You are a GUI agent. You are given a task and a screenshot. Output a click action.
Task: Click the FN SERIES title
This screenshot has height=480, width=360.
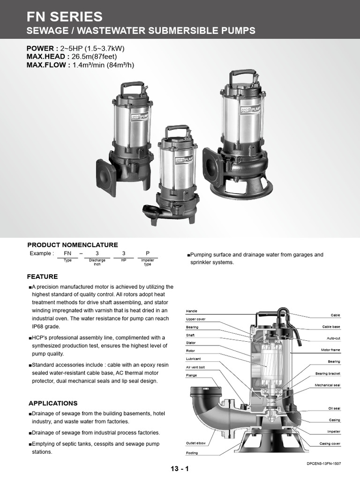(x=64, y=17)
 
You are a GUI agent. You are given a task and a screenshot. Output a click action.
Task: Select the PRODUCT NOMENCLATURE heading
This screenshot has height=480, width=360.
(x=73, y=245)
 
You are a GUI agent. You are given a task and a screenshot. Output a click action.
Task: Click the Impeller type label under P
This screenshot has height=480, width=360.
(x=147, y=262)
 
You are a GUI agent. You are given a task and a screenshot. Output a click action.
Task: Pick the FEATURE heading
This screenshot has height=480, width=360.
(x=42, y=277)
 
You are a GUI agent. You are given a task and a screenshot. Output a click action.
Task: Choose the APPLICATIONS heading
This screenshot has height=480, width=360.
(x=53, y=403)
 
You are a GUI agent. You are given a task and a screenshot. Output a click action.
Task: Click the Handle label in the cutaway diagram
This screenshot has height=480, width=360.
(x=192, y=311)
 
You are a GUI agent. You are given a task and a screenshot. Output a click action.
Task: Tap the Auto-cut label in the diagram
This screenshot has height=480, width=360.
(x=333, y=338)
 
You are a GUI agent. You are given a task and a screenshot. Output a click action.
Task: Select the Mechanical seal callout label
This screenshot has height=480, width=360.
(x=327, y=385)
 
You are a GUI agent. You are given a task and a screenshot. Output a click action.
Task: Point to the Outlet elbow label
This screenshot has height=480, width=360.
(x=195, y=443)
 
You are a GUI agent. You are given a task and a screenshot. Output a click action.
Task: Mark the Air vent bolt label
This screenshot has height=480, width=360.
(x=195, y=367)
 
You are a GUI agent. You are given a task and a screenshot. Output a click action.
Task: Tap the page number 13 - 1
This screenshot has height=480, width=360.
(x=180, y=468)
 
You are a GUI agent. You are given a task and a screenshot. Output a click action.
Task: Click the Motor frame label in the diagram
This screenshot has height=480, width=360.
(x=330, y=350)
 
